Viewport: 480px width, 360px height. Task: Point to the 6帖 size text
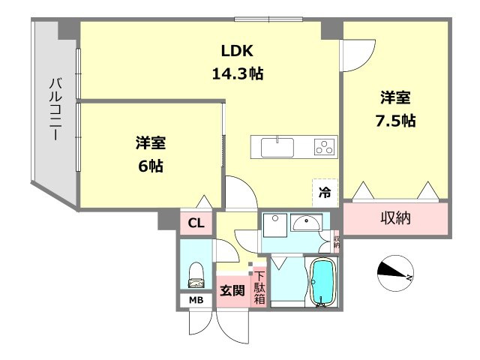point(151,165)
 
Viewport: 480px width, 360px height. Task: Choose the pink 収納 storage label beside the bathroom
point(336,241)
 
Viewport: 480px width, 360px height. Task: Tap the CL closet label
point(196,222)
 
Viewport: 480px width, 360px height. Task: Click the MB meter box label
point(196,301)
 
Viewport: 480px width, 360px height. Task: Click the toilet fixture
point(197,275)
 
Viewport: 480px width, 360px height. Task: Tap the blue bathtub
point(322,283)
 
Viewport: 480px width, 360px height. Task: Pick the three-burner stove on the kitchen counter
point(324,146)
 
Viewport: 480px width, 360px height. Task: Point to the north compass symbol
point(395,271)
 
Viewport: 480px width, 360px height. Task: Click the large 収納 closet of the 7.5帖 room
point(396,218)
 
